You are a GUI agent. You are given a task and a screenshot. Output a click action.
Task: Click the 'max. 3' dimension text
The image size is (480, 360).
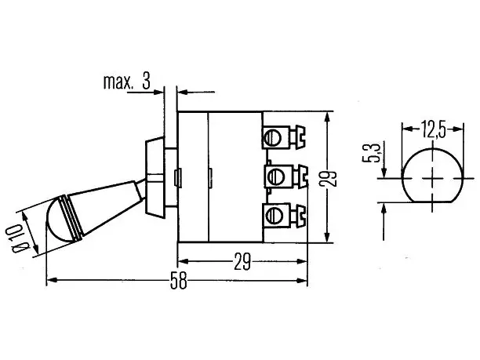(x=127, y=82)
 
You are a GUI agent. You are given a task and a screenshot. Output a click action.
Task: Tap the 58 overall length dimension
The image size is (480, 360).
(x=179, y=280)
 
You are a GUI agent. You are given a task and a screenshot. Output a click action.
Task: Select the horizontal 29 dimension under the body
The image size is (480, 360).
(x=242, y=262)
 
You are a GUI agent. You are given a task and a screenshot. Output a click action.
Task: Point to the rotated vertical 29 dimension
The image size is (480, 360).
(x=328, y=178)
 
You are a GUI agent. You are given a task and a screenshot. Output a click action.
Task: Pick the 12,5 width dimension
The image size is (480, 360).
(x=433, y=129)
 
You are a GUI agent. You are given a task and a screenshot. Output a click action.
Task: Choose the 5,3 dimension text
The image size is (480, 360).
(x=371, y=152)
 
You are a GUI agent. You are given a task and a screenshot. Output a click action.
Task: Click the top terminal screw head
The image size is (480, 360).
(x=273, y=137)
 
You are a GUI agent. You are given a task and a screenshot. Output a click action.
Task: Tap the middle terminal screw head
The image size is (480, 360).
(x=275, y=176)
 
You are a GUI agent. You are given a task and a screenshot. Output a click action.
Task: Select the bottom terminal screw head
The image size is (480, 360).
(x=273, y=215)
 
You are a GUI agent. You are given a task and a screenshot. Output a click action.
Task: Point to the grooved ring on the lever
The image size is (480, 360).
(x=72, y=216)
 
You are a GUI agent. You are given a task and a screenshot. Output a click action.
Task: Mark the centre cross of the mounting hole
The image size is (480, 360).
(x=432, y=178)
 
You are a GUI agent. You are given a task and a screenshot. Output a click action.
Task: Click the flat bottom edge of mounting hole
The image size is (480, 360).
(x=432, y=202)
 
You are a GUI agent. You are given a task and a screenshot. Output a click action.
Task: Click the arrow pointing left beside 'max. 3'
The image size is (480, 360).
(x=196, y=92)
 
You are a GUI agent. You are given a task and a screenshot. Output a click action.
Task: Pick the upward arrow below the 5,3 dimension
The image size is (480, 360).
(x=384, y=221)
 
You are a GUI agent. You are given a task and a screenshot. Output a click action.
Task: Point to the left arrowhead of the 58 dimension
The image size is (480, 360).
(x=52, y=280)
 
